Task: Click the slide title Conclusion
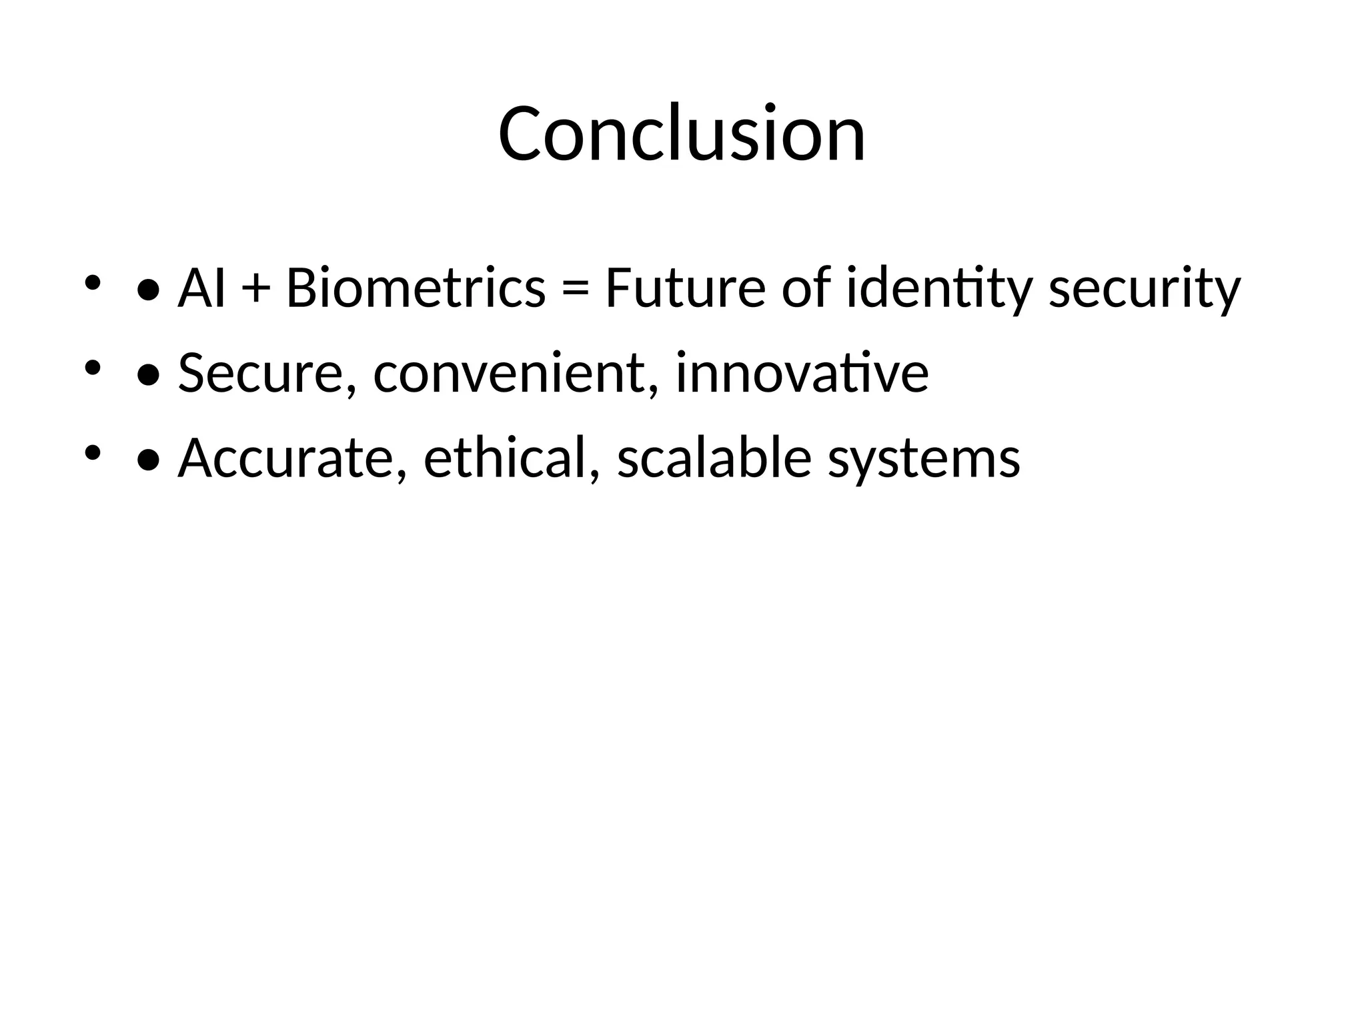682,133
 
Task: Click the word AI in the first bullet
201,288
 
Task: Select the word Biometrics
416,288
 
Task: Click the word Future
685,288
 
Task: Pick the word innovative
802,372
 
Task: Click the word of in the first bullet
806,288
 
